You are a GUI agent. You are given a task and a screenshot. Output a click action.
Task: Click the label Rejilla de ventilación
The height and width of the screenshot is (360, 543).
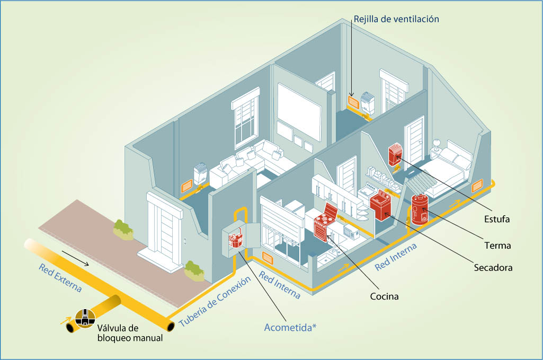396,19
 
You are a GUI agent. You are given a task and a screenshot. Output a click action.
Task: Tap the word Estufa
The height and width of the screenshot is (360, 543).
496,219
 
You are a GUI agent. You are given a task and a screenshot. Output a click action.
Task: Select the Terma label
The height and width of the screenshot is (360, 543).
497,245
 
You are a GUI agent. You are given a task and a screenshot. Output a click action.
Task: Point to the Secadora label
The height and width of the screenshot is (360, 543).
493,268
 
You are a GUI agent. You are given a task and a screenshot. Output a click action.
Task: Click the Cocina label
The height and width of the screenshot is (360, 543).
384,296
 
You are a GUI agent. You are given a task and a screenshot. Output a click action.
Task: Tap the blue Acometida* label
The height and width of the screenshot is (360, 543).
290,328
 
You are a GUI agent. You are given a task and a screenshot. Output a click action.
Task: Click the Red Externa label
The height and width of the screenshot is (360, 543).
60,278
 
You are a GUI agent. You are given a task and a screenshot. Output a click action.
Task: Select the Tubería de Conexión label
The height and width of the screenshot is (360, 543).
215,302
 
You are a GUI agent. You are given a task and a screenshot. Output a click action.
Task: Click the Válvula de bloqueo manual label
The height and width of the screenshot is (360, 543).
130,332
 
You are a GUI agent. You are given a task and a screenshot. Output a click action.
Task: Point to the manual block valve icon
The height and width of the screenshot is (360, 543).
85,318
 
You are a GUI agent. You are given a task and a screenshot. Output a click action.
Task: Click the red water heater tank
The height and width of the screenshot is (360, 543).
420,209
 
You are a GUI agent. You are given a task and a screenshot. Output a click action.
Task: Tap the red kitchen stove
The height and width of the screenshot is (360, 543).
325,223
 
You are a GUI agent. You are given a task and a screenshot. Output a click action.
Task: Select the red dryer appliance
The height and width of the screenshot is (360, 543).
380,206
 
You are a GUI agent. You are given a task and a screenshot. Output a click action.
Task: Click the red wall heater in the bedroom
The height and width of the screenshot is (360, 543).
395,154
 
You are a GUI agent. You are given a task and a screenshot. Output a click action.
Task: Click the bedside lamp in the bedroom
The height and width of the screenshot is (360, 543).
436,145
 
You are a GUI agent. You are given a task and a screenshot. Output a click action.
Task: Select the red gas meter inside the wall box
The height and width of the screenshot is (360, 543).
236,240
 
